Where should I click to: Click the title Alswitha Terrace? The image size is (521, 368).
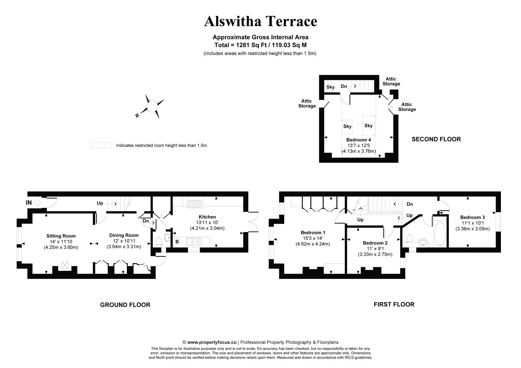click(x=260, y=21)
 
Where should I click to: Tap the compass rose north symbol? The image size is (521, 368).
click(x=152, y=106)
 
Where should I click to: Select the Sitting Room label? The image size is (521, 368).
click(x=61, y=236)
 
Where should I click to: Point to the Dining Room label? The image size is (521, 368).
click(x=124, y=235)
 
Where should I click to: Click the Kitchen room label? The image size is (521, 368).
click(x=207, y=217)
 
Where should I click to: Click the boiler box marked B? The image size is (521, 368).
click(x=177, y=242)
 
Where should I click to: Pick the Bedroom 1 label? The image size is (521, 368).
click(x=313, y=232)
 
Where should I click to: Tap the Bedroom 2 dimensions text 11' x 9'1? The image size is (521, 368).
click(x=375, y=249)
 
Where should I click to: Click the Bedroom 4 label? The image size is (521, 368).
click(x=358, y=140)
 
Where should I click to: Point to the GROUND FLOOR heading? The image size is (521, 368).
click(x=125, y=305)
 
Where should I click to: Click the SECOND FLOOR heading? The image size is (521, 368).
click(x=436, y=139)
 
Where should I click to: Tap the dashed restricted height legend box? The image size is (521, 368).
click(x=101, y=145)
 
